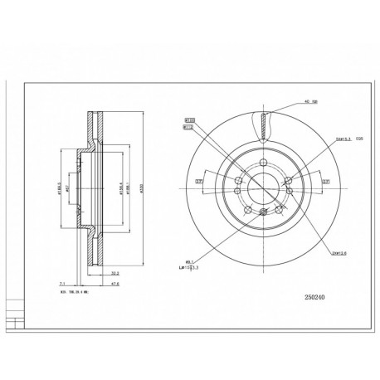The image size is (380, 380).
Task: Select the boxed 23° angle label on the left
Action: (199, 181)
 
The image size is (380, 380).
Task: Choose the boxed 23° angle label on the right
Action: (325, 181)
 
